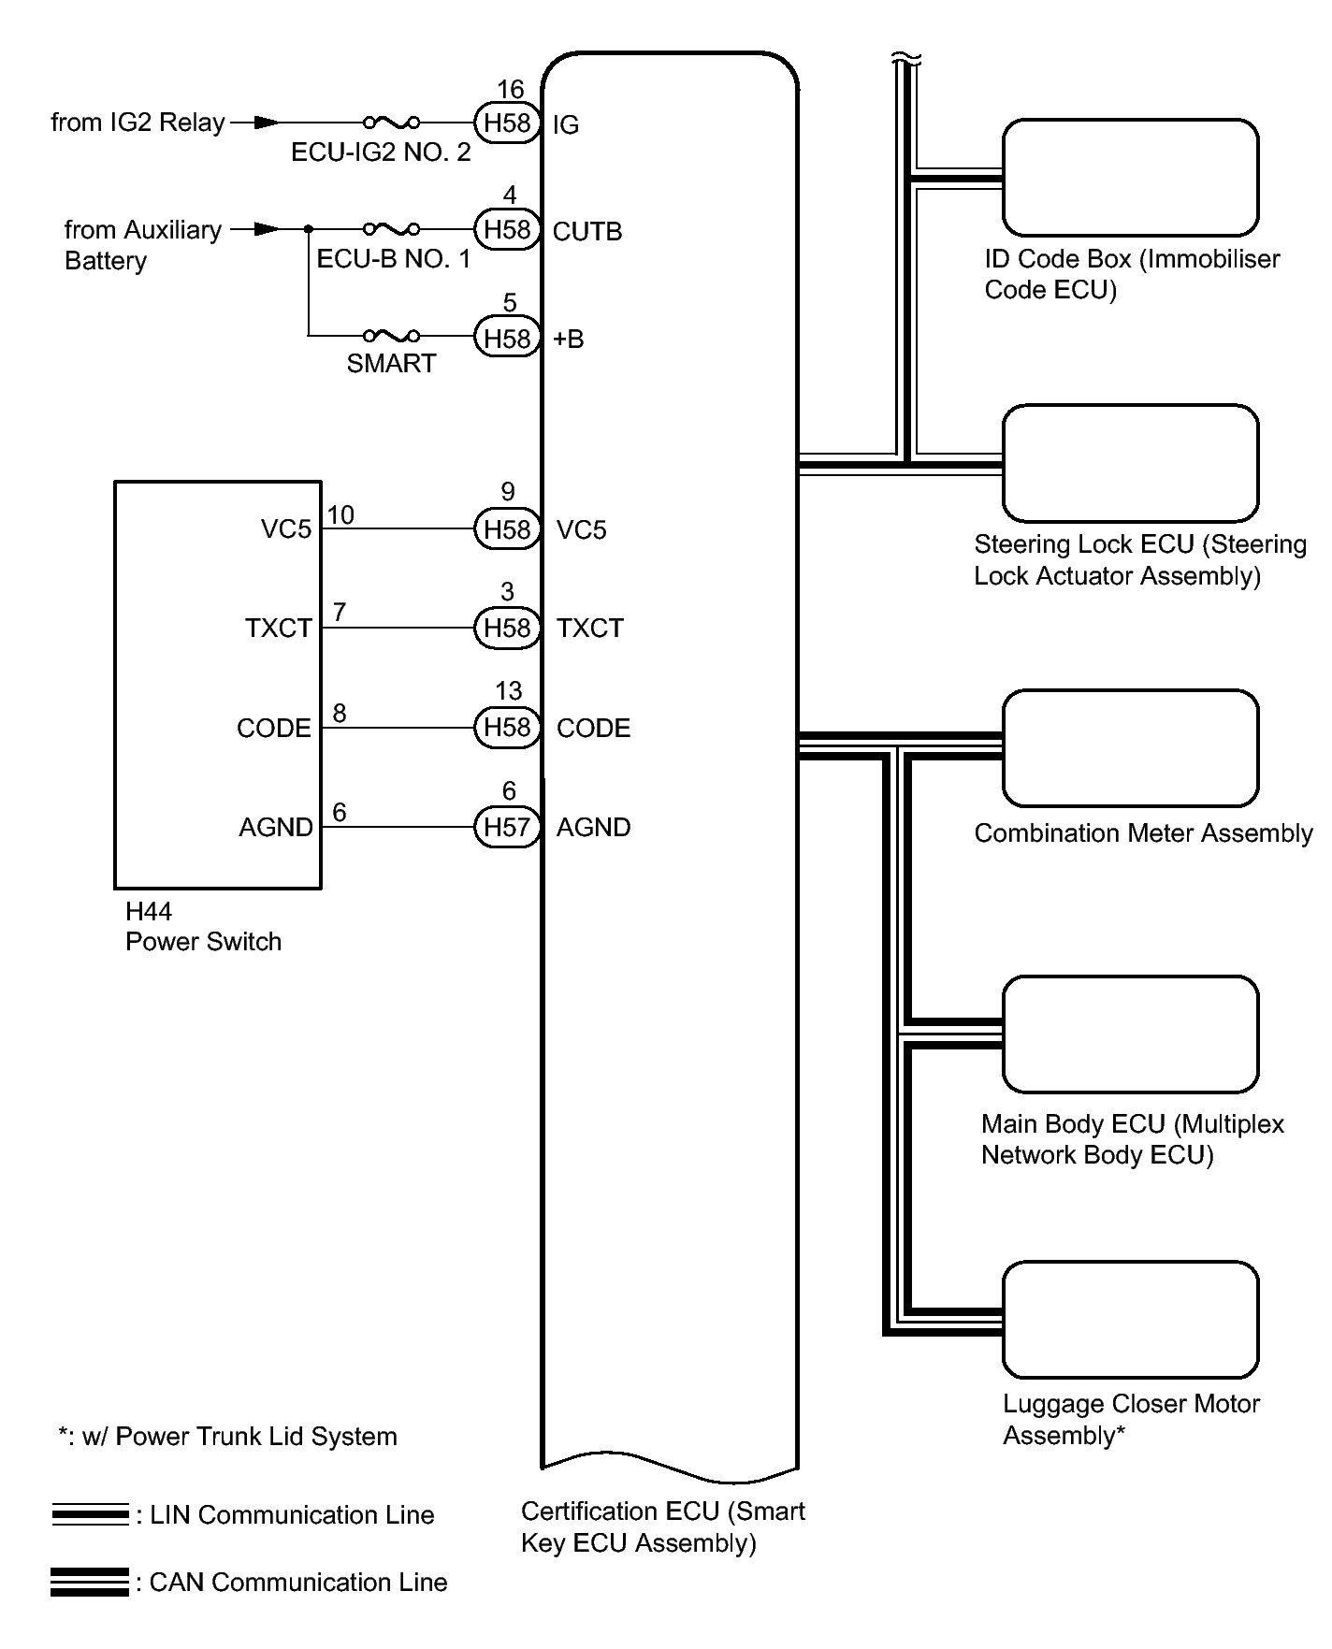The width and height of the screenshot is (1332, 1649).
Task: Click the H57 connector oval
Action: (507, 827)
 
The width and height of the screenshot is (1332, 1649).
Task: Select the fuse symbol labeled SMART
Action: (391, 336)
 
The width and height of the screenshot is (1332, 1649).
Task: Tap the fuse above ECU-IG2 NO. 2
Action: (391, 122)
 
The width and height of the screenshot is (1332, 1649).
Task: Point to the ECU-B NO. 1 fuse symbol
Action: (391, 228)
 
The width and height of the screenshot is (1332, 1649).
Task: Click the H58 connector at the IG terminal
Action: (507, 123)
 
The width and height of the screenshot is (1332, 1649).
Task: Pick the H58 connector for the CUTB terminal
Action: (507, 229)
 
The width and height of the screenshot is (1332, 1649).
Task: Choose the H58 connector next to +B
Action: (507, 338)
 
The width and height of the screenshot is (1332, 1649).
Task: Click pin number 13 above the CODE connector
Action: (508, 691)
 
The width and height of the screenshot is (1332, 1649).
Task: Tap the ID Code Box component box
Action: (1130, 178)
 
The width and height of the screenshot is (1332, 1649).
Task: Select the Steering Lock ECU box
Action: (1130, 463)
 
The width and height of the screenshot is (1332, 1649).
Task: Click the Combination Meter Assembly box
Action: (1130, 748)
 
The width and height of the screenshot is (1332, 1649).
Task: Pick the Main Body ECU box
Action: (1130, 1034)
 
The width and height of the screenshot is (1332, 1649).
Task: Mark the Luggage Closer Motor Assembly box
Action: (1130, 1320)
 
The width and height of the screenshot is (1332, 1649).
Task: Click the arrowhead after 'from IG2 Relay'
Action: (266, 122)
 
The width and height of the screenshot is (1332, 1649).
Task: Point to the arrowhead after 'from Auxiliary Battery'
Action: (266, 228)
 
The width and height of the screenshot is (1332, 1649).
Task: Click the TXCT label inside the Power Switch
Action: (278, 628)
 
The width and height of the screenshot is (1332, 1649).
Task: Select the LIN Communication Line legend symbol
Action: (90, 1514)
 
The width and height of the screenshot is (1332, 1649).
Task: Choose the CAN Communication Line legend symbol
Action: (90, 1582)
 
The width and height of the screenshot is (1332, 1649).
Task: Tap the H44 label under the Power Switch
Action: (149, 911)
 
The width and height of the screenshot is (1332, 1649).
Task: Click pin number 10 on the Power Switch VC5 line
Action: (340, 515)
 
